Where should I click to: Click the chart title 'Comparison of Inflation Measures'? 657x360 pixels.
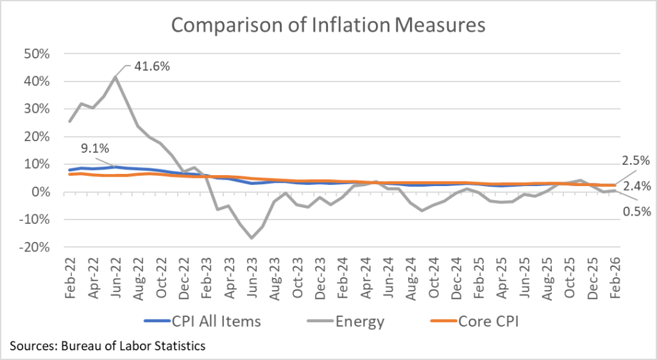click(x=328, y=25)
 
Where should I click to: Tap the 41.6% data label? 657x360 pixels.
click(x=152, y=66)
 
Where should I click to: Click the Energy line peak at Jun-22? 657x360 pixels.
click(x=115, y=77)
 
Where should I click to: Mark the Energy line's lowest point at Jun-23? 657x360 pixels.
click(x=252, y=238)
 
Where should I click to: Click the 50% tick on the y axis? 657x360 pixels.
click(x=37, y=54)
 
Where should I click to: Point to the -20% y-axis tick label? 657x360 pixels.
click(x=35, y=247)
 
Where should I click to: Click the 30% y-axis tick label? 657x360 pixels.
click(x=37, y=109)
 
